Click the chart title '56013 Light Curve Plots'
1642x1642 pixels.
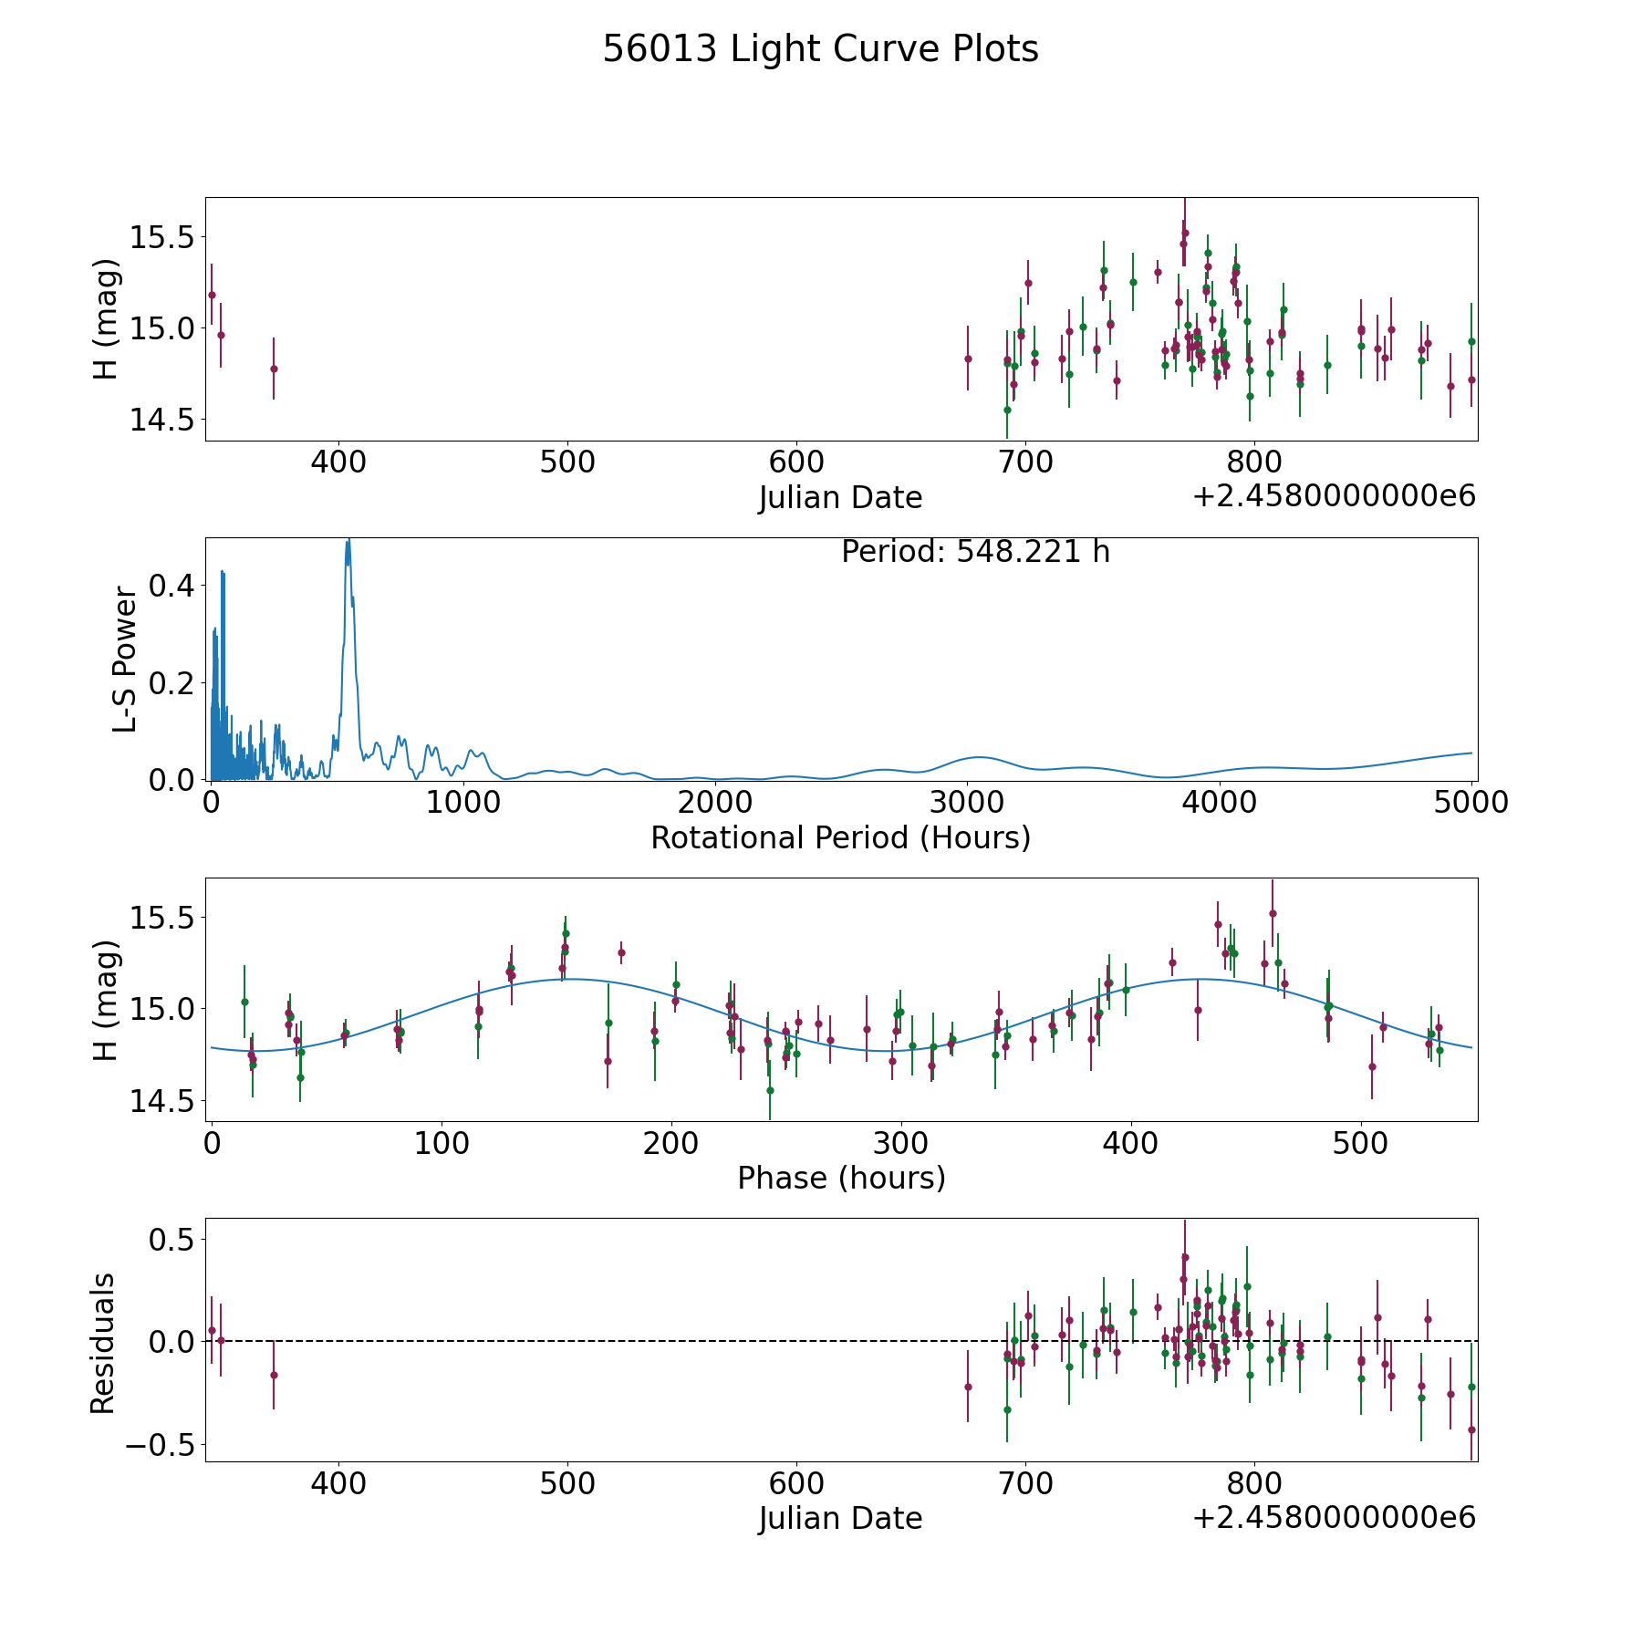(820, 49)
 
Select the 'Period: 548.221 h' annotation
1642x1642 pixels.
(975, 552)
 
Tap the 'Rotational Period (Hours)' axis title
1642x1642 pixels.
(840, 837)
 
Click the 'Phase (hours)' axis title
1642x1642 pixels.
(841, 1178)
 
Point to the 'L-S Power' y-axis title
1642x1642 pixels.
(125, 660)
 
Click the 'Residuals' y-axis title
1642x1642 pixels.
(103, 1343)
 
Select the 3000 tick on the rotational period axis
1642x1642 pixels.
(967, 802)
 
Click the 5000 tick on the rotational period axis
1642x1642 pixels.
(1471, 802)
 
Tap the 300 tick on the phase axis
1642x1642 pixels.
(900, 1143)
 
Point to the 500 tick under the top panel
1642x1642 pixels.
(567, 462)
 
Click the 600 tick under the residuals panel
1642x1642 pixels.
(796, 1482)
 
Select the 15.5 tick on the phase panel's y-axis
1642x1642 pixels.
(162, 918)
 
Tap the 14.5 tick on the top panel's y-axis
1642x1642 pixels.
(162, 420)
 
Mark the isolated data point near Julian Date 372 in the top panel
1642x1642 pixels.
(274, 369)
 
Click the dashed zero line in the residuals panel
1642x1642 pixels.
(841, 1341)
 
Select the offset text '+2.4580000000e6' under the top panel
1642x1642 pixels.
(1334, 496)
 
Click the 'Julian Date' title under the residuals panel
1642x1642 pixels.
(840, 1518)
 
